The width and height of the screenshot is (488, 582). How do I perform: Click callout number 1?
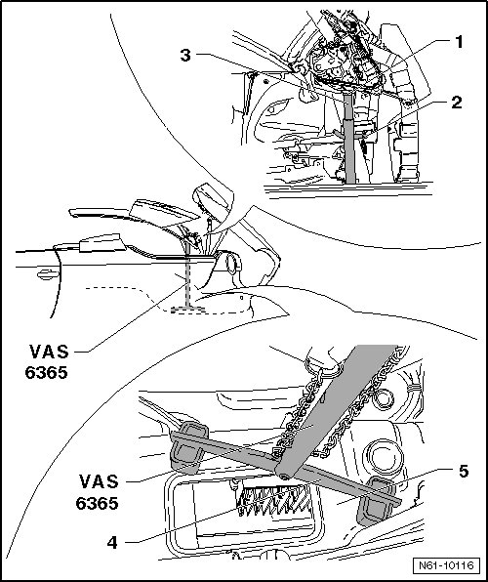coord(459,42)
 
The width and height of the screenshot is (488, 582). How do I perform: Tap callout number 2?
coord(457,103)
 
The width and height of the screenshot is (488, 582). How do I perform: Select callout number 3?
coord(185,56)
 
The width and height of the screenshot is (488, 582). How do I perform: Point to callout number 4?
coord(112,543)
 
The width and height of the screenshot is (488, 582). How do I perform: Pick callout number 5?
coord(464,472)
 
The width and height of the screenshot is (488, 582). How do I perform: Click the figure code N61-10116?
coord(446,566)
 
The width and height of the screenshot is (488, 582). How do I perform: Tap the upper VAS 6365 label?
coord(47,362)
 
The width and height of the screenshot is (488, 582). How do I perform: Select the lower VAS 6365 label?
coord(98,492)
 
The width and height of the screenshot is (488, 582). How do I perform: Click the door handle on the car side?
coord(48,274)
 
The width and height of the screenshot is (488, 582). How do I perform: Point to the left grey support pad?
coord(188,447)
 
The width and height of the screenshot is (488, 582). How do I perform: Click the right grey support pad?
coord(376,501)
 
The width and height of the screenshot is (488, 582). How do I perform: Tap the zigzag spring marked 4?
coord(272,500)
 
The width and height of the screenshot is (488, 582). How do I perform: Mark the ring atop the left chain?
coord(321,368)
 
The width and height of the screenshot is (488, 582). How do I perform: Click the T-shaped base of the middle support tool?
coord(187,309)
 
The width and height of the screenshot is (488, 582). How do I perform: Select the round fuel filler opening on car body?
coord(232,263)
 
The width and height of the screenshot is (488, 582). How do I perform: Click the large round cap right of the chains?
coord(383,457)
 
